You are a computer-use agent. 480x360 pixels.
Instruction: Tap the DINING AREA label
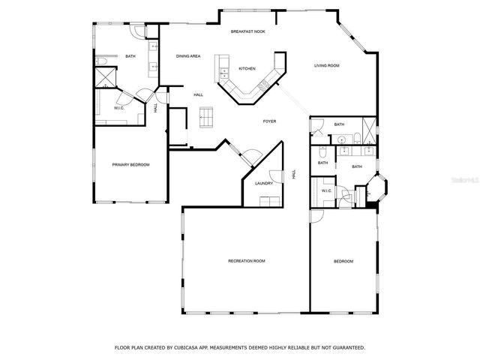coord(188,56)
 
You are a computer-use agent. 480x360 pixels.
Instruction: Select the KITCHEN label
coord(247,68)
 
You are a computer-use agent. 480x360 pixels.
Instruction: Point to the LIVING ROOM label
coord(327,66)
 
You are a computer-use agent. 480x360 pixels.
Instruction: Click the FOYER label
coord(270,121)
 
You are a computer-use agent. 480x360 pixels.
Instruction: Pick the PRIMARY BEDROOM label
coord(131,164)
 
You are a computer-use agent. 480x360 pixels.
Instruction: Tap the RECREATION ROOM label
coord(247,261)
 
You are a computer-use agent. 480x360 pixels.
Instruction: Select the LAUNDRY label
coord(263,183)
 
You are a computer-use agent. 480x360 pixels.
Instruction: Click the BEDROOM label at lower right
coord(343,261)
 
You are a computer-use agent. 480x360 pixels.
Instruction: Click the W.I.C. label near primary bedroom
coord(118,108)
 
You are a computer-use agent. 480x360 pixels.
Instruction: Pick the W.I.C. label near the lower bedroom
coord(327,191)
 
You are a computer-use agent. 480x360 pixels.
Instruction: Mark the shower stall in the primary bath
coord(104,78)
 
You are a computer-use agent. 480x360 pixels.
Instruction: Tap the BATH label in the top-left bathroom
coord(130,56)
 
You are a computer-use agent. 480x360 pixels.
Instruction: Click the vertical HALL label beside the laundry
coord(294,174)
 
